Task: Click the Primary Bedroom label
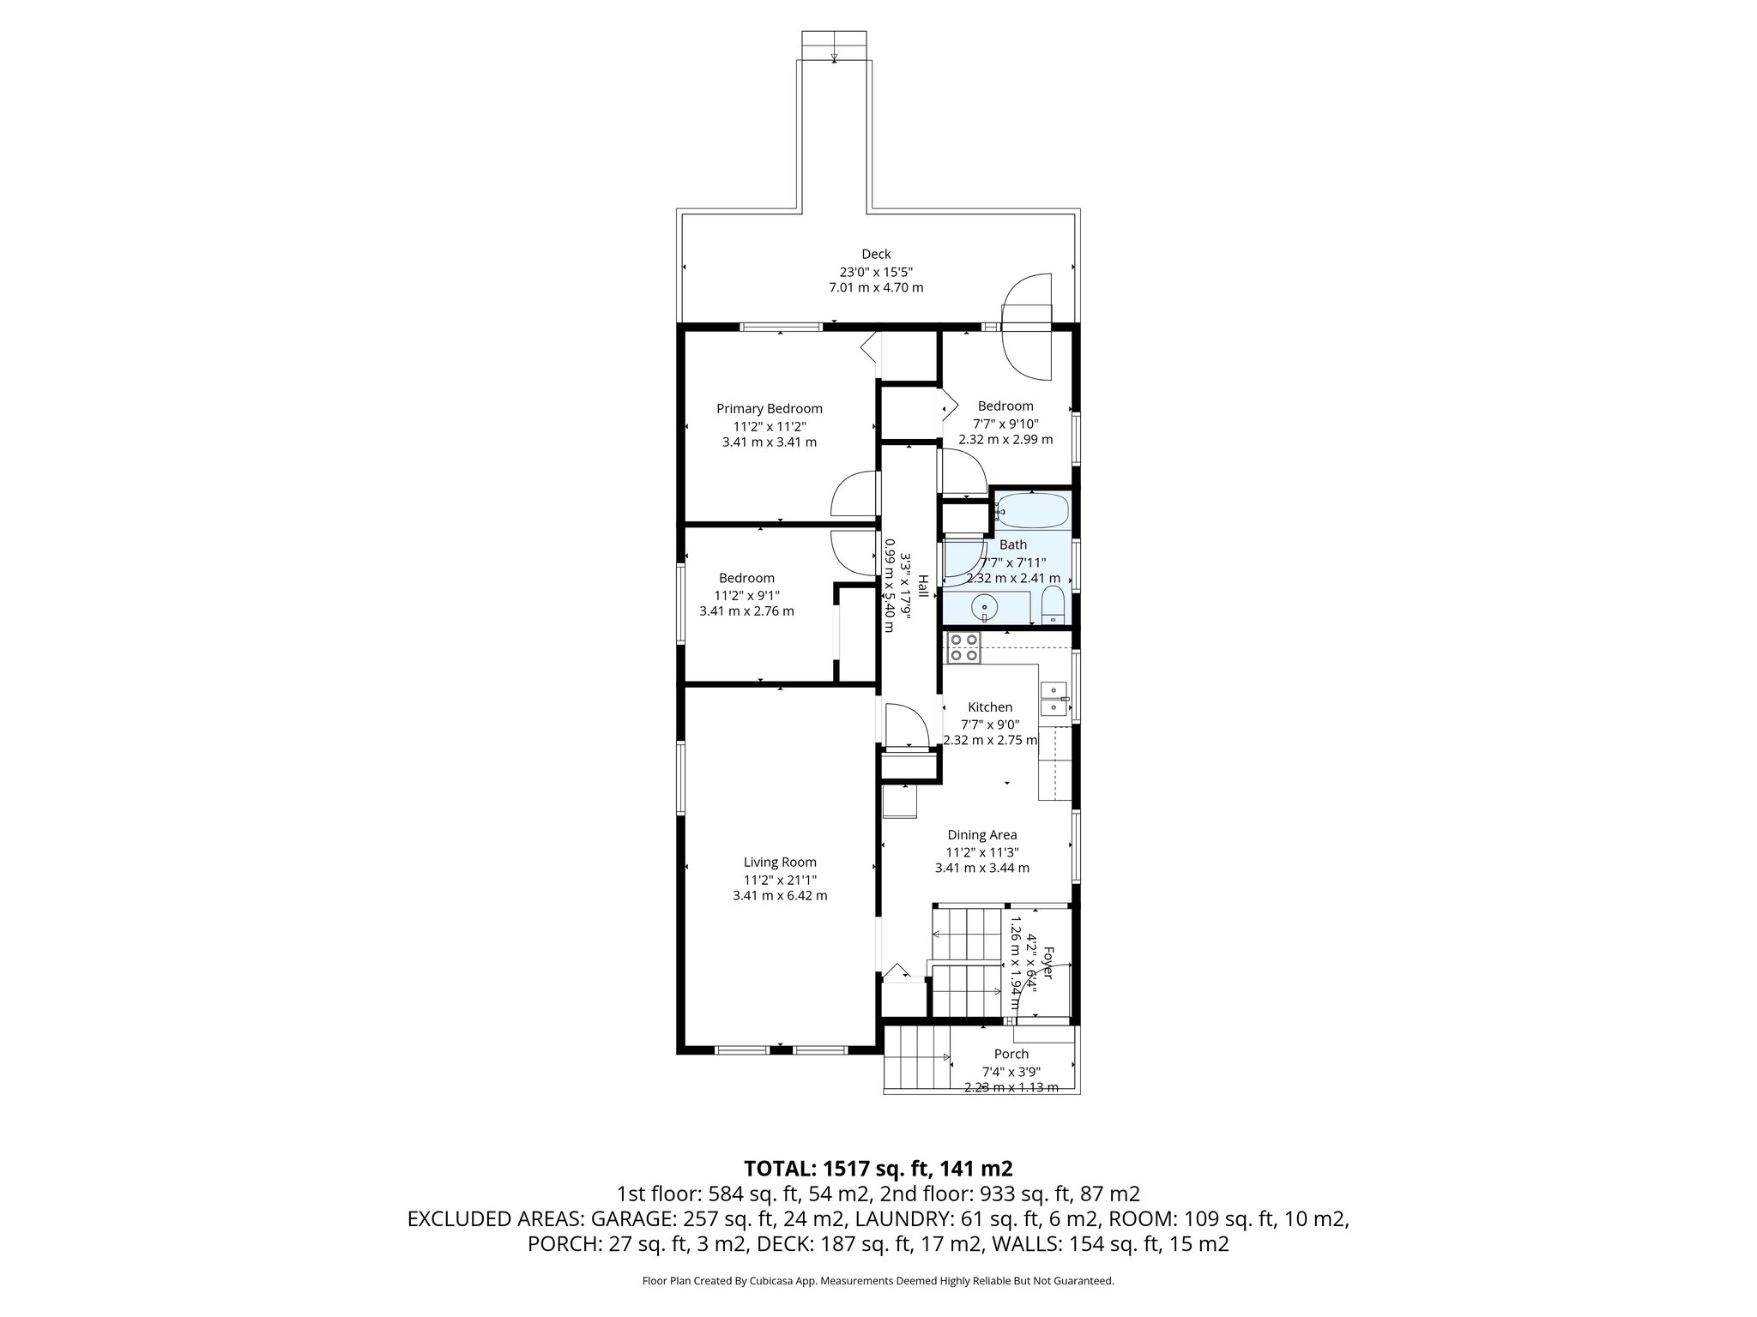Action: [769, 409]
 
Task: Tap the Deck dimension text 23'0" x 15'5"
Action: [876, 271]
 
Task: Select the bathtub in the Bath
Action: [1033, 512]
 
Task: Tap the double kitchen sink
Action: [1053, 698]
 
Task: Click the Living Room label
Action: [780, 863]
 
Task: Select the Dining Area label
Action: [981, 835]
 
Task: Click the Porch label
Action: [1011, 1054]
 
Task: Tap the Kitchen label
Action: [990, 707]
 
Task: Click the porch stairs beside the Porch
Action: [916, 1058]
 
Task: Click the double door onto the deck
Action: [1027, 326]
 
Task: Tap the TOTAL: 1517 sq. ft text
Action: [878, 1169]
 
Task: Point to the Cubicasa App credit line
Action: [878, 1281]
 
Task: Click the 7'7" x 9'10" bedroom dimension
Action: [1005, 424]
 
